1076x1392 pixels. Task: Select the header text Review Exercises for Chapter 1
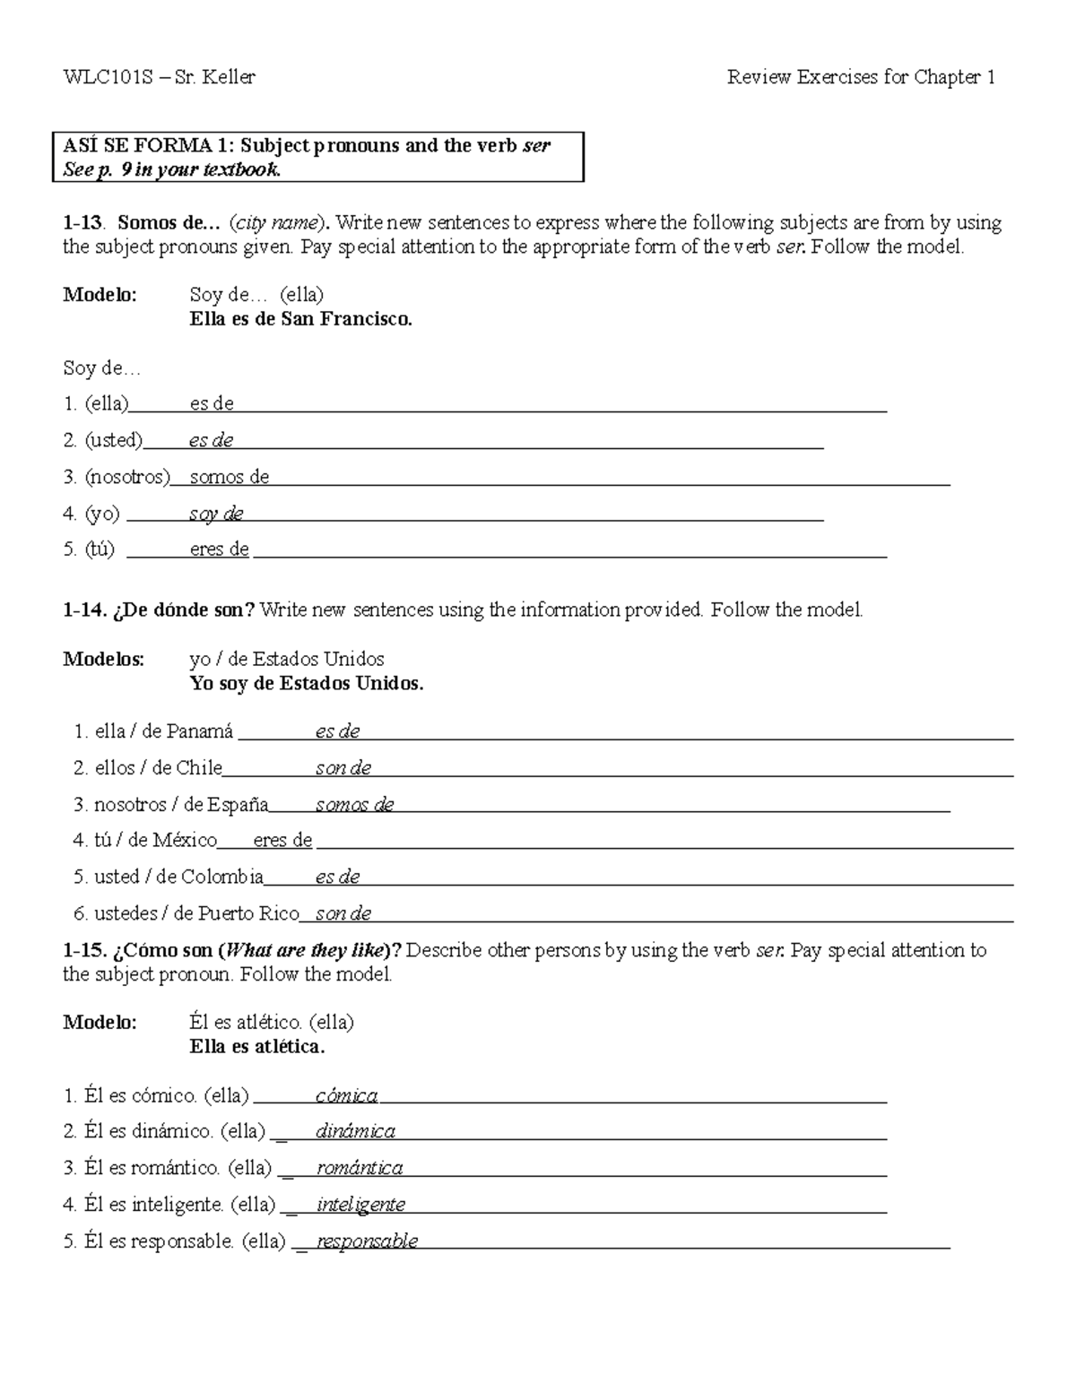(861, 78)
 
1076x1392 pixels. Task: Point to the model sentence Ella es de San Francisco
(301, 319)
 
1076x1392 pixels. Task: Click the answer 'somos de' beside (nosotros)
(230, 478)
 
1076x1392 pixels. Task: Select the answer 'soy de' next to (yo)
(216, 514)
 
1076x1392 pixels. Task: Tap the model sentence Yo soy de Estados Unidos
(307, 684)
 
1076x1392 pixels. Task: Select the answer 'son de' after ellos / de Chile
(343, 769)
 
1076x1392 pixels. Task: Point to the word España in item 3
(238, 805)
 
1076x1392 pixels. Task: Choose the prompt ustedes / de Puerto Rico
(196, 914)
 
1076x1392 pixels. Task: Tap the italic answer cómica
(346, 1096)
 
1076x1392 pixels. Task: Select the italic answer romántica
(360, 1169)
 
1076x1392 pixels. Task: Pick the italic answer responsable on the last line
(367, 1242)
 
